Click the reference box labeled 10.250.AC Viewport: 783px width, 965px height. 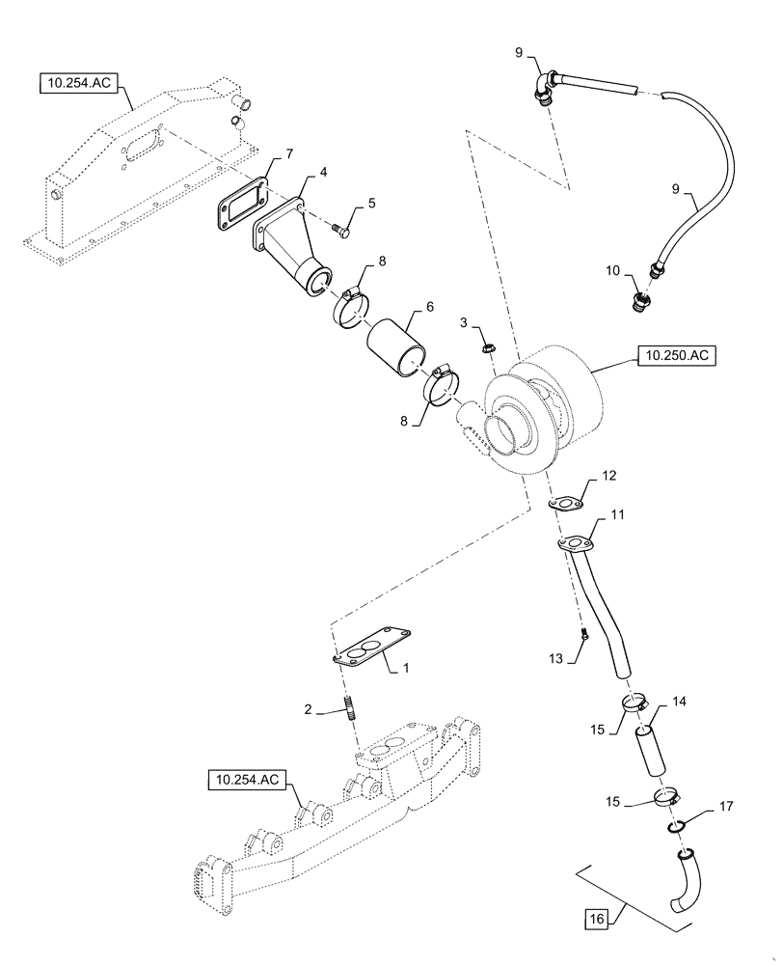tap(674, 355)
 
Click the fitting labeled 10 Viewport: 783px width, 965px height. tap(637, 298)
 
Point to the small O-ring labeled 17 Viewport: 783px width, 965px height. tap(677, 825)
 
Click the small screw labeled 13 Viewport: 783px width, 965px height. tap(584, 634)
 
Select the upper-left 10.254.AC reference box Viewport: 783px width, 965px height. tap(78, 84)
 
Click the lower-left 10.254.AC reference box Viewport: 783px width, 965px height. tap(245, 779)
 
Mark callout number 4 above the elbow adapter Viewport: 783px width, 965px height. tap(323, 172)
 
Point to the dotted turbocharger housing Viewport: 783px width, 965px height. tap(540, 405)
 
